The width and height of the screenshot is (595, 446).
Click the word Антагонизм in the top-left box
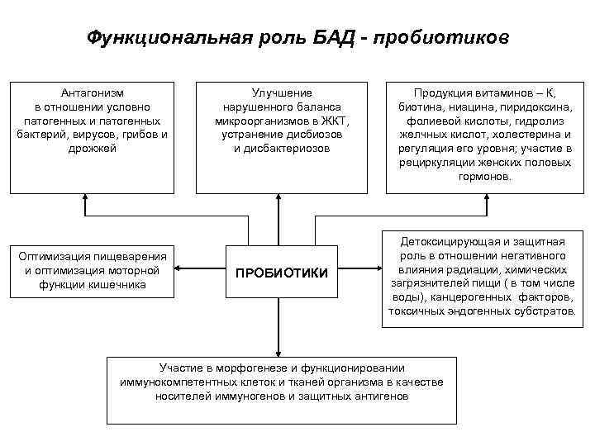(93, 93)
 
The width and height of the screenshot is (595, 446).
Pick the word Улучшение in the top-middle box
(281, 93)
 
